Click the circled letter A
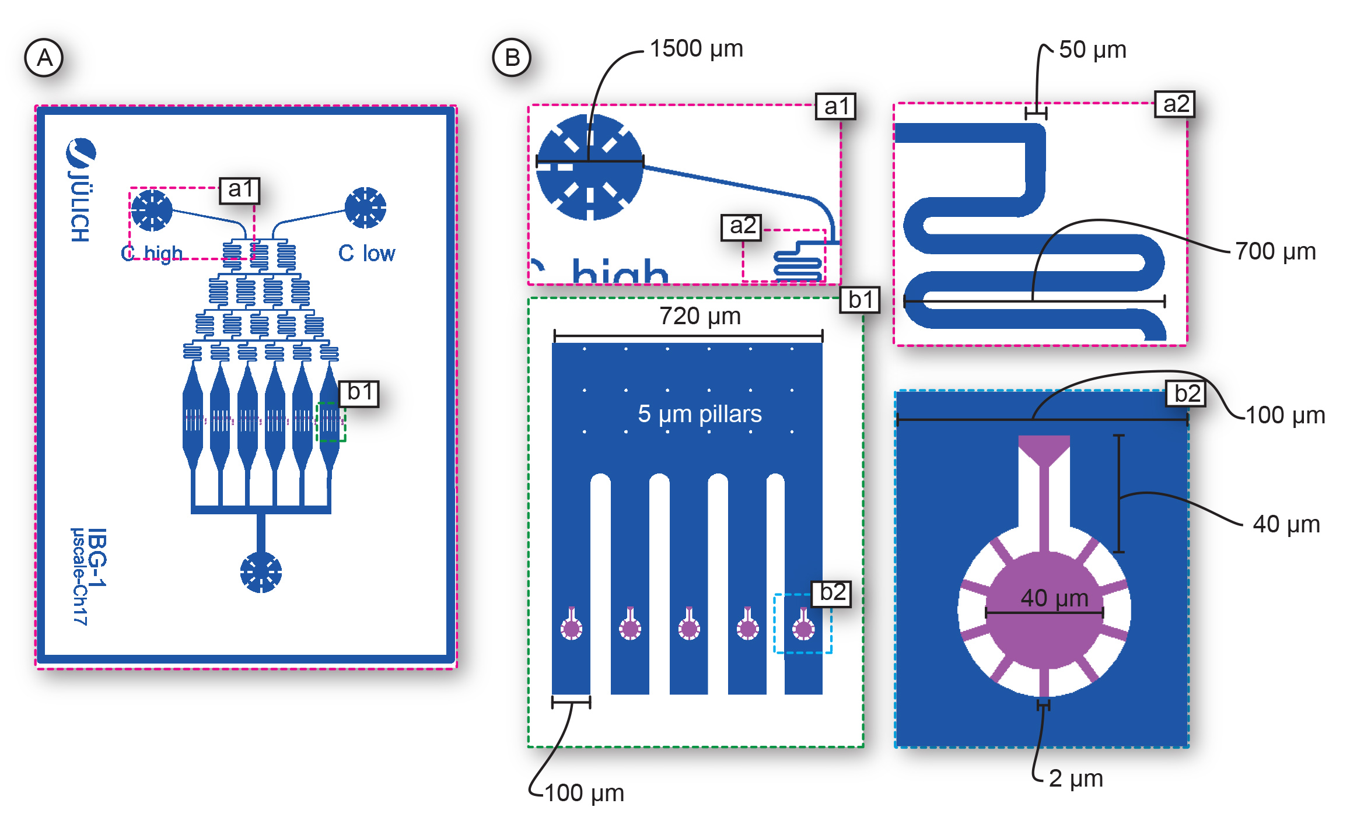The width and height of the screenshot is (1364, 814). [x=44, y=58]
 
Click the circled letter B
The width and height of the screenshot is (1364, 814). [x=512, y=58]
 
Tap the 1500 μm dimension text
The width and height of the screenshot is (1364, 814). [x=696, y=48]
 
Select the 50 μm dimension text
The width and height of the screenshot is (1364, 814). [x=1092, y=50]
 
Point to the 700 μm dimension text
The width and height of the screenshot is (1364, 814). [x=1275, y=251]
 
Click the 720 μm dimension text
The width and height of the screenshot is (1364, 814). [x=700, y=316]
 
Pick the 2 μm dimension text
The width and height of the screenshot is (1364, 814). [x=1075, y=778]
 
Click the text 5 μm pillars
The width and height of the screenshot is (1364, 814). [x=699, y=414]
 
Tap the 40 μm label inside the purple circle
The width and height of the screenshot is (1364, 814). [x=1054, y=598]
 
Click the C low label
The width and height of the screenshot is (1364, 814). [x=366, y=253]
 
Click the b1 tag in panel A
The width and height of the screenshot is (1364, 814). [x=359, y=392]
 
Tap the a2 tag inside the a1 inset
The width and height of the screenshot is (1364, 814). [x=742, y=226]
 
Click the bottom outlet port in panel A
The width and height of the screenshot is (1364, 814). [x=261, y=572]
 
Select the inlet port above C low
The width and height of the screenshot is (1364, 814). [x=365, y=208]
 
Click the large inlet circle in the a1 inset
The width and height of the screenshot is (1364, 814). [x=589, y=167]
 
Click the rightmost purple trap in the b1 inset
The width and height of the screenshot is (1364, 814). [x=803, y=627]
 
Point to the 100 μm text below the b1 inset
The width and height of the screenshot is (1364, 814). [x=584, y=793]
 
